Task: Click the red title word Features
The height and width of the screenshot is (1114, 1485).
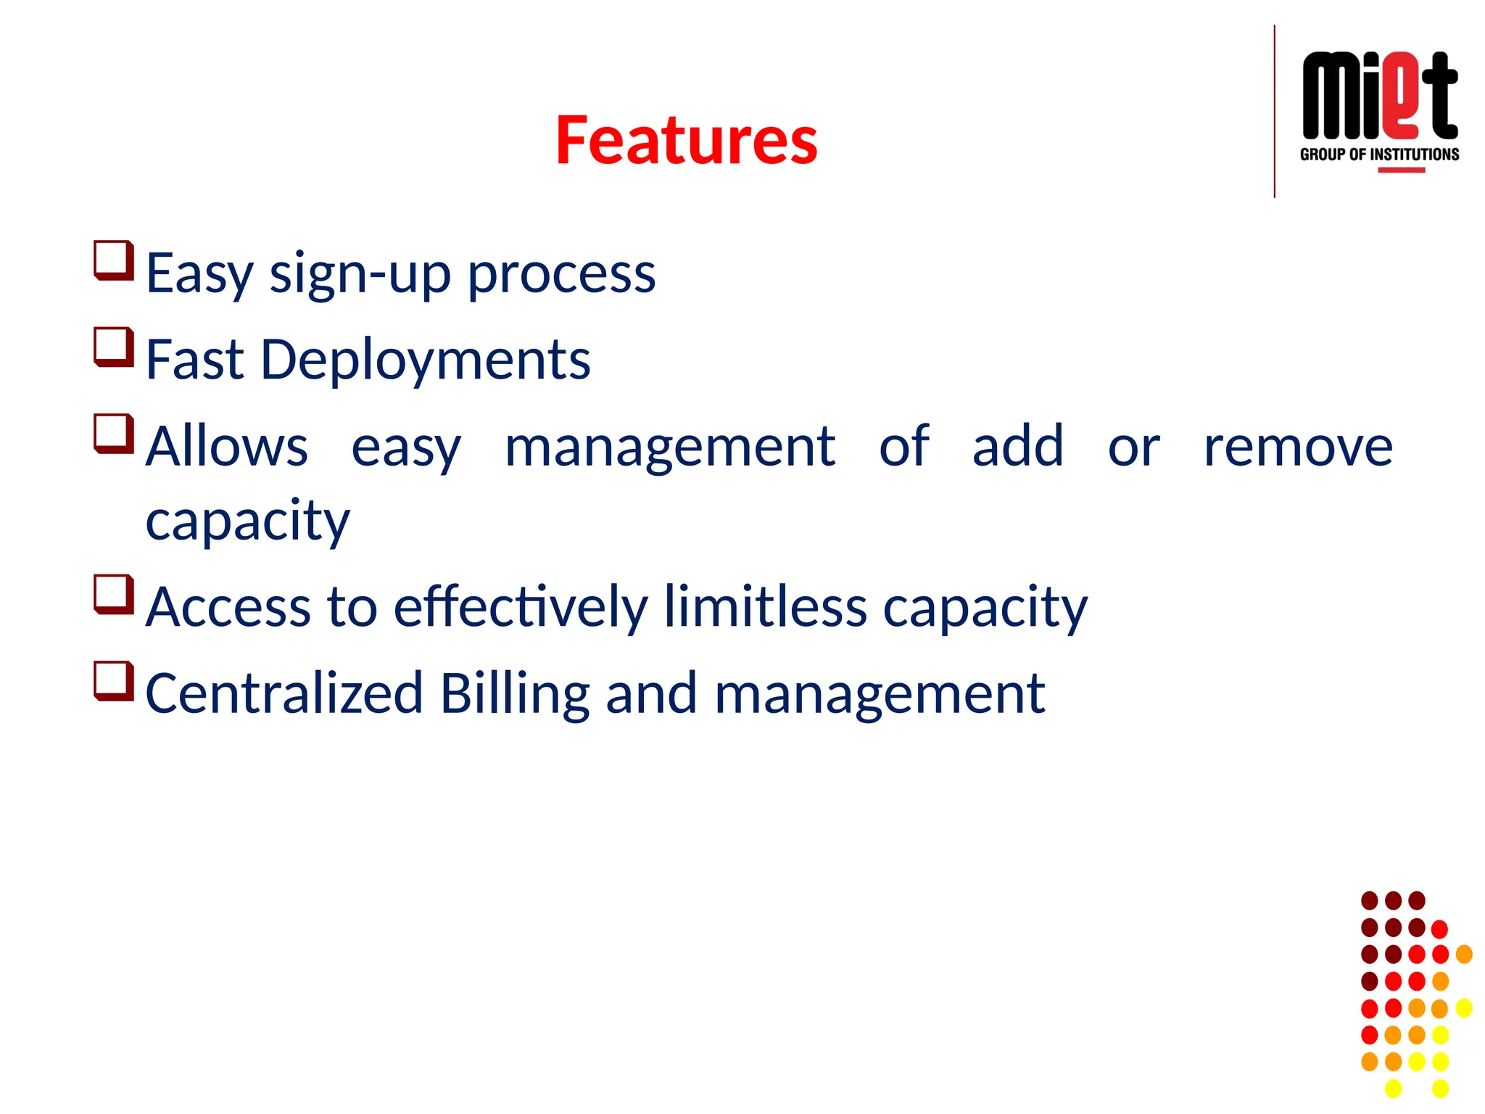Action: coord(686,141)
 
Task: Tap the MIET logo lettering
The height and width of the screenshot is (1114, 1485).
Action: coord(1379,96)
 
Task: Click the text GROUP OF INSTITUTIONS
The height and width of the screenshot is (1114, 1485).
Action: coord(1379,154)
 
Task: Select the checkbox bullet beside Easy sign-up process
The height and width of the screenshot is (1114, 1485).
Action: coord(114,260)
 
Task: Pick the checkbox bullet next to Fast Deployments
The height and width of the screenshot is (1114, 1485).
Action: coord(114,347)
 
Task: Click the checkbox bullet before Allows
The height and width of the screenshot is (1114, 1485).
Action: coord(114,433)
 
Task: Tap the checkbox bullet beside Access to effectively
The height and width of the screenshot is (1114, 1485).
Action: coord(114,594)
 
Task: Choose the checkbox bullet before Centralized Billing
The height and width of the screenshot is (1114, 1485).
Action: coord(114,681)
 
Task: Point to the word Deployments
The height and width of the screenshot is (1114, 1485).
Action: coord(426,360)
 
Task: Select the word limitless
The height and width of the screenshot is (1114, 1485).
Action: coord(765,607)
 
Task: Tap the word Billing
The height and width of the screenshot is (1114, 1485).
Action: coord(515,694)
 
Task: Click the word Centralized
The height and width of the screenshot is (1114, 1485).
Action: coord(284,694)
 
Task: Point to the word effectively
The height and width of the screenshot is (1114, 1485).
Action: coord(520,607)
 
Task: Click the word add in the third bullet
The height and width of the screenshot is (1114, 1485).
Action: coord(1017,446)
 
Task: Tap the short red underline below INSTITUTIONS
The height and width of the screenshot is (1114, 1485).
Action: coord(1401,170)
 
